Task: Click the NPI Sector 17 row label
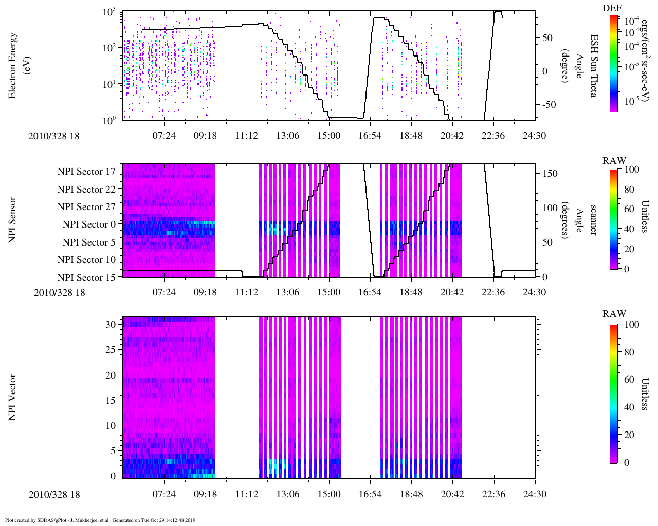87,172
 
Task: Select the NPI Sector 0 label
89,224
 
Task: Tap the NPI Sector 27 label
87,207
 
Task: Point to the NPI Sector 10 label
87,260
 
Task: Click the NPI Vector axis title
13,398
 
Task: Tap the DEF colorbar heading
612,8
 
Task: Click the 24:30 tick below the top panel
535,136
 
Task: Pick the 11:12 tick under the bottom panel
247,494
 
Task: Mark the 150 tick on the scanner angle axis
550,174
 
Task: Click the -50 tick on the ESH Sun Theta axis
547,105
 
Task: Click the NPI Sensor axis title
13,220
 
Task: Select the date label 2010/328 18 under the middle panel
60,293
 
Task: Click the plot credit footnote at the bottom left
101,520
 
